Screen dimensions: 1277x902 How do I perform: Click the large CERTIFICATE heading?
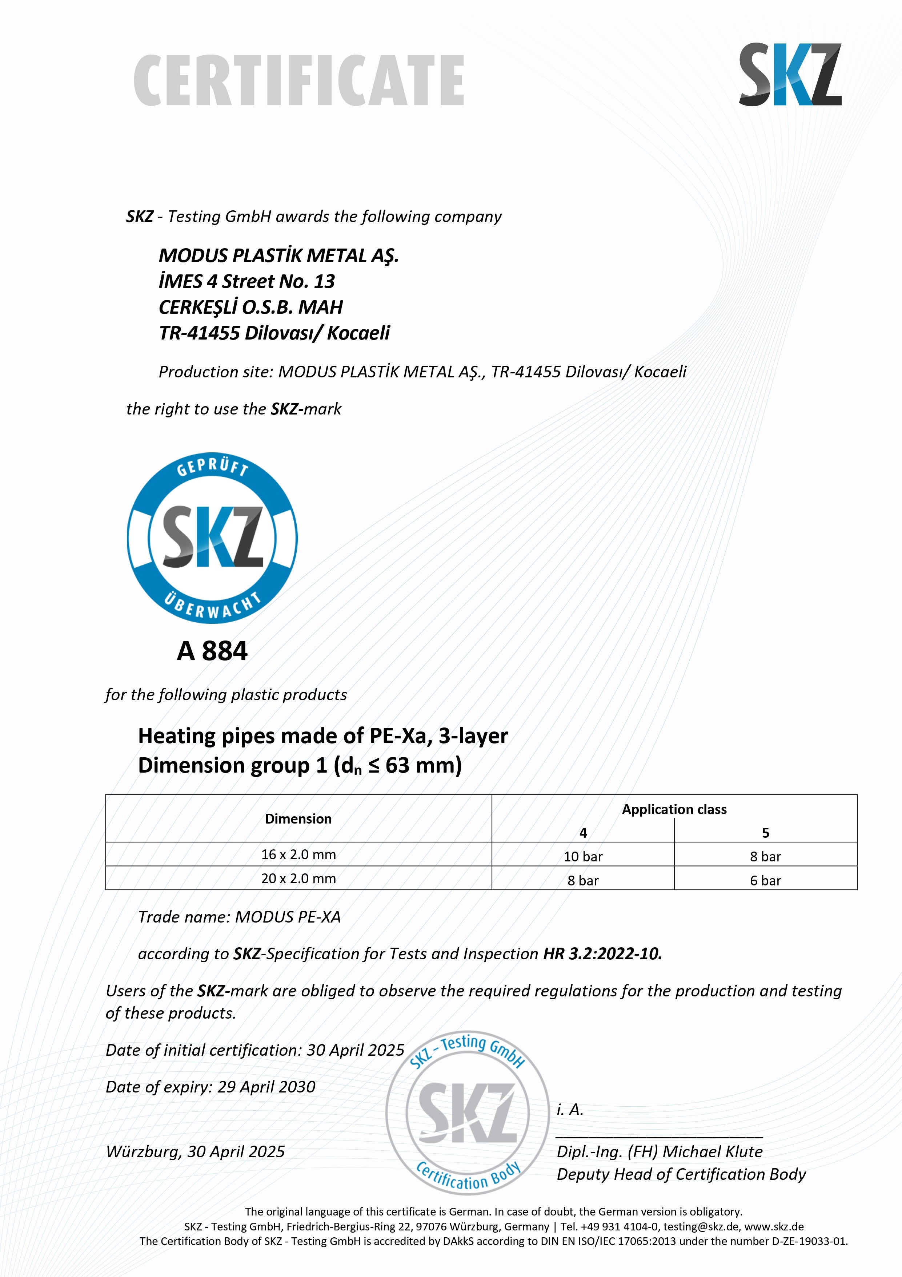(299, 81)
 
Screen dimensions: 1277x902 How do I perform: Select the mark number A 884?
(212, 651)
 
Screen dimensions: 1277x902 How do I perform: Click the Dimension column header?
(298, 819)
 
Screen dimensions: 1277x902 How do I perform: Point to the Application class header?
(674, 809)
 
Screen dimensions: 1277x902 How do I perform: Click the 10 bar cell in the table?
(583, 857)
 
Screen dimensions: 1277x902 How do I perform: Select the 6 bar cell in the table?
(765, 880)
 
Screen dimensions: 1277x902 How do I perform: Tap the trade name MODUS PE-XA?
(288, 917)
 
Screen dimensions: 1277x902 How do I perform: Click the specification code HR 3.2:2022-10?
(602, 954)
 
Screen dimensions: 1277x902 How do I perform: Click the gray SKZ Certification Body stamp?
(468, 1113)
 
